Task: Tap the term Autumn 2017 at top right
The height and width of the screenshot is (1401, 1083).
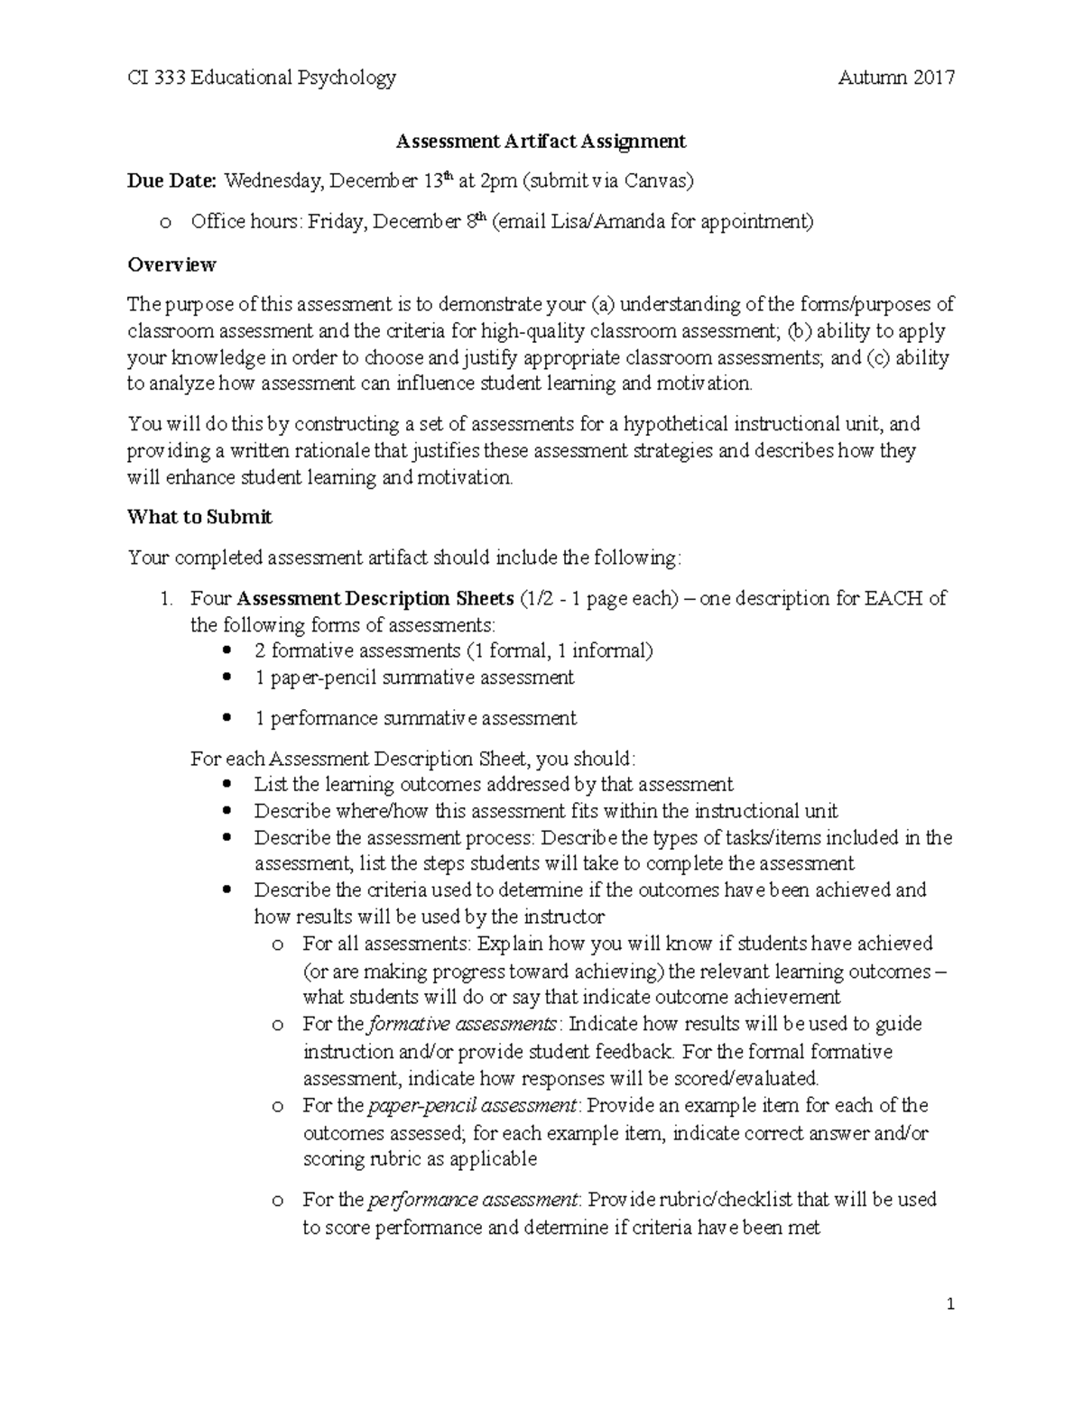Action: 895,78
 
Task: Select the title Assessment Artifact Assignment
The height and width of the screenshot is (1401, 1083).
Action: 541,142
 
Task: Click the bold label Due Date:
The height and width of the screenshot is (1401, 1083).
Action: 171,181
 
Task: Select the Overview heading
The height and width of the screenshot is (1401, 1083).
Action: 171,265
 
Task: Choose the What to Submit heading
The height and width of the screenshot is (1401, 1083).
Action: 199,518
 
